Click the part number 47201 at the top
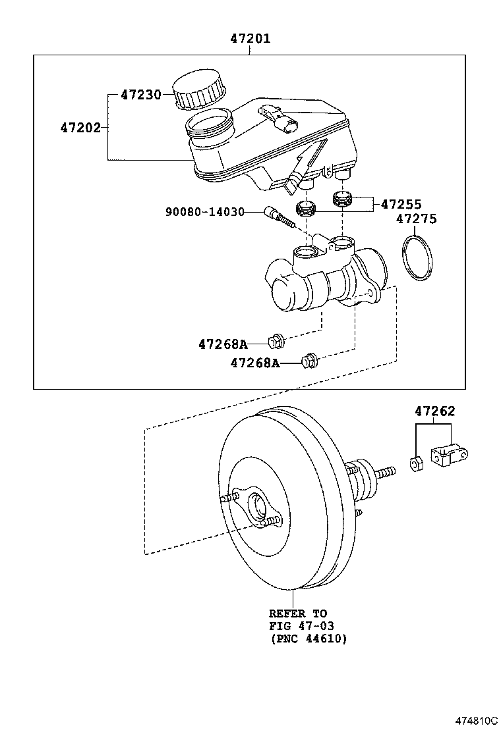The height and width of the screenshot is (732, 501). pyautogui.click(x=250, y=38)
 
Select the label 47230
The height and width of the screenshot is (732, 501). pyautogui.click(x=141, y=95)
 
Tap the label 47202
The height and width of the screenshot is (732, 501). pyautogui.click(x=80, y=128)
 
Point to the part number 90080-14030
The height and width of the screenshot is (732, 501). pyautogui.click(x=205, y=212)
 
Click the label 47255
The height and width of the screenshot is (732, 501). pyautogui.click(x=401, y=204)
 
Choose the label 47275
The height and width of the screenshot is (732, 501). pyautogui.click(x=417, y=219)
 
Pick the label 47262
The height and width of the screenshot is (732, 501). pyautogui.click(x=434, y=411)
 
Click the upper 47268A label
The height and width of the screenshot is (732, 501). pyautogui.click(x=223, y=344)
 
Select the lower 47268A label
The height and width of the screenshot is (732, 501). pyautogui.click(x=255, y=363)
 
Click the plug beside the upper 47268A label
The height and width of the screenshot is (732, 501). pyautogui.click(x=276, y=342)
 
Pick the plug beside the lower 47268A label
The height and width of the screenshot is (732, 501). pyautogui.click(x=309, y=360)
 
